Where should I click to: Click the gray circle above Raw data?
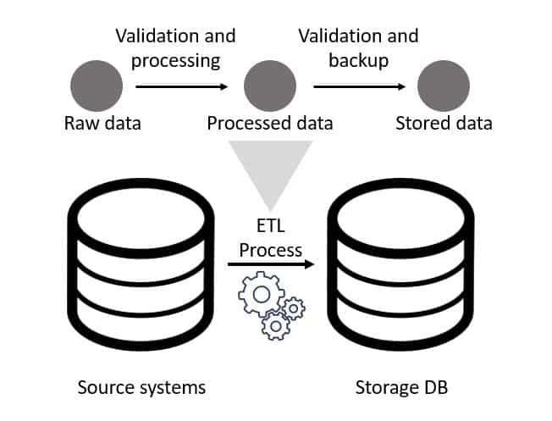97,86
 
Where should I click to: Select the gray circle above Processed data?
270,86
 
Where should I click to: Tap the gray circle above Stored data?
444,86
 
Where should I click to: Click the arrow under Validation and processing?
182,86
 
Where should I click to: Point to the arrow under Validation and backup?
360,86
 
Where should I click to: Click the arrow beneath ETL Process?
271,264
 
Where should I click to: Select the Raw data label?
102,124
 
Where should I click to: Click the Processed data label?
270,124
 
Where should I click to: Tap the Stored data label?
444,124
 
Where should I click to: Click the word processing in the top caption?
175,61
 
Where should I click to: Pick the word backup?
359,60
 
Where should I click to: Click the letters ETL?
270,226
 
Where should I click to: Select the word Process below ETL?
270,251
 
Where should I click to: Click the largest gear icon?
262,294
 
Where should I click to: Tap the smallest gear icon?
294,308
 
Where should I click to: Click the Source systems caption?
141,388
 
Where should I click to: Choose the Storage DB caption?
401,388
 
